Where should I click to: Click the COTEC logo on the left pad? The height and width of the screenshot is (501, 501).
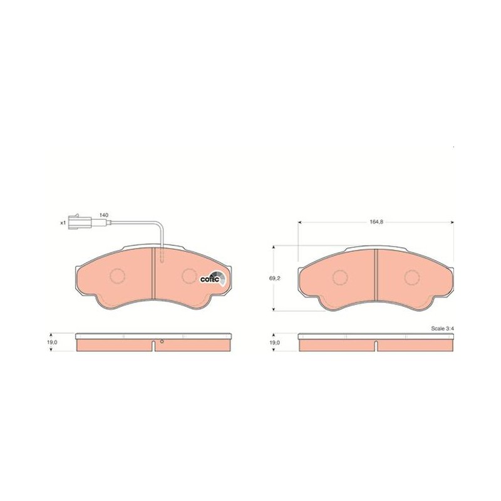coord(213,279)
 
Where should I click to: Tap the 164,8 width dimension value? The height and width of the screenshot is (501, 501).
coord(376,222)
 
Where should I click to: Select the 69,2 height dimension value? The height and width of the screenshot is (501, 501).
coord(274,278)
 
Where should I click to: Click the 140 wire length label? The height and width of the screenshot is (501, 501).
coord(104,215)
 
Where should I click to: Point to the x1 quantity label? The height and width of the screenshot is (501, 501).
coord(63,223)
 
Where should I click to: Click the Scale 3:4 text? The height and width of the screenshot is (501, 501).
coord(442,328)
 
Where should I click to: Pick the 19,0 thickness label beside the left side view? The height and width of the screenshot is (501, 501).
coord(51,342)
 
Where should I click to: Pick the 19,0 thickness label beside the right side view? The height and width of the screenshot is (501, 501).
coord(274,343)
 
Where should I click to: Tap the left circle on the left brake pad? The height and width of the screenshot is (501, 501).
coord(117,276)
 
